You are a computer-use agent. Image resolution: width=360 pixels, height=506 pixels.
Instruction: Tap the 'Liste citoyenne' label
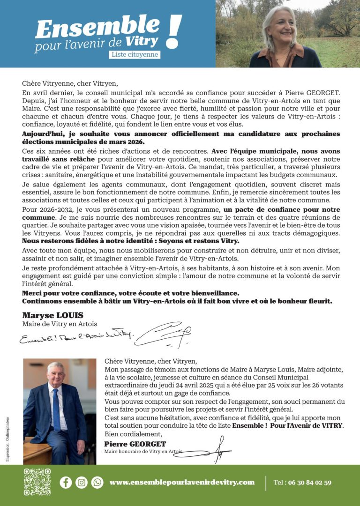coord(135,54)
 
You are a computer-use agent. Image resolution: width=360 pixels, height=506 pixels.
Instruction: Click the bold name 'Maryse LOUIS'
coord(52,315)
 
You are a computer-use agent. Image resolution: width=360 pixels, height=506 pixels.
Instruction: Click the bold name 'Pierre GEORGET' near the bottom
coord(135,444)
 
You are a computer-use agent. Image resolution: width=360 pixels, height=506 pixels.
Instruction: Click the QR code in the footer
coord(37,482)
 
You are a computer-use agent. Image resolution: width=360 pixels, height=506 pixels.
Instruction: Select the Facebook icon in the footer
coord(66,482)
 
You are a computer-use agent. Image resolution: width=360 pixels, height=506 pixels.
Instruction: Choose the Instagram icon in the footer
coord(82,482)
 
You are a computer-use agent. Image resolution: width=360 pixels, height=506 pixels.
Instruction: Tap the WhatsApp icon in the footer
coord(97,482)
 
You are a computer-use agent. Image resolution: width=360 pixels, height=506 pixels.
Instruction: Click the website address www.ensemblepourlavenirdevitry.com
coord(182,482)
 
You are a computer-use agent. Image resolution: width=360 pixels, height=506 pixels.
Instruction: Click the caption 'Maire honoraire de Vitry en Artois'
coord(143,452)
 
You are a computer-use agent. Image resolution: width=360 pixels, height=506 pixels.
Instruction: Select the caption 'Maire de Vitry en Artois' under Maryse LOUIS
coord(60,324)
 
